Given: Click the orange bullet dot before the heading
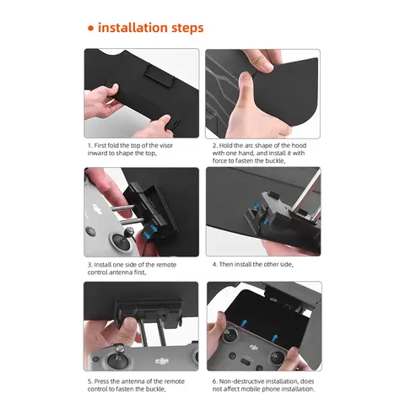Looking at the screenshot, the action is tap(90, 29).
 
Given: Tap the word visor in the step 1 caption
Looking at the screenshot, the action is tap(166, 145).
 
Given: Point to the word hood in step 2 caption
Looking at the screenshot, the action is tap(299, 145).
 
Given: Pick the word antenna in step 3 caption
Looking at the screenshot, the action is tap(121, 273).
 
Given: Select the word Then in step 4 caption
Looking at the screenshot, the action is tap(226, 264).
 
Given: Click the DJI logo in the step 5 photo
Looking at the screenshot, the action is tap(162, 361).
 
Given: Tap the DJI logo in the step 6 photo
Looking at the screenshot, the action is tap(254, 348).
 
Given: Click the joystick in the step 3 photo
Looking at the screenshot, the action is tap(122, 239).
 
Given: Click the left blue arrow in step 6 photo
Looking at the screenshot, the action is tap(245, 322).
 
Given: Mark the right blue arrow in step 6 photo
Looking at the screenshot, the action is tap(275, 338).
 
